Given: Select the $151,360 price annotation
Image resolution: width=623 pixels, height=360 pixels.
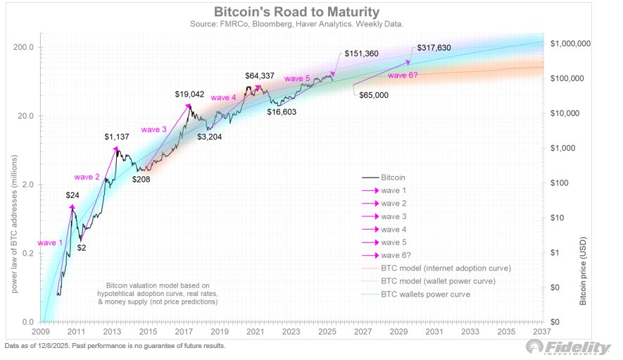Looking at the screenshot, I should (x=363, y=54).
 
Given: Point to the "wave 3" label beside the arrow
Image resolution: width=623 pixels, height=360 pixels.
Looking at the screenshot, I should (x=153, y=129).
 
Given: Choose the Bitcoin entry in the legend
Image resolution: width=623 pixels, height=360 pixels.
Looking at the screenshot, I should (x=395, y=178).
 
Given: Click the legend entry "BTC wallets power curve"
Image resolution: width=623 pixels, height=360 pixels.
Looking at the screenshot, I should (x=425, y=294).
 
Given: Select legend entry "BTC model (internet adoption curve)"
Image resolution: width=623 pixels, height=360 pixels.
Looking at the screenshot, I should (x=446, y=268).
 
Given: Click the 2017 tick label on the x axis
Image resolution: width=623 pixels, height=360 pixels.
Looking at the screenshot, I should (x=185, y=330).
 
